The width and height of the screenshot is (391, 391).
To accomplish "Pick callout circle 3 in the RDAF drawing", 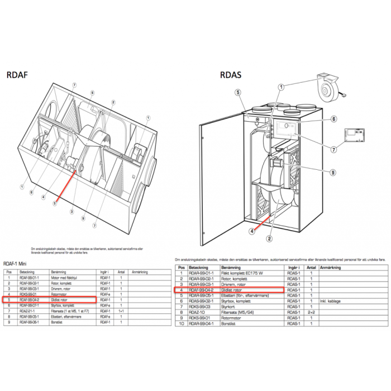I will pos(72,212).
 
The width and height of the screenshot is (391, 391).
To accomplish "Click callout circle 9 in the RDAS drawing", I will pos(332,172).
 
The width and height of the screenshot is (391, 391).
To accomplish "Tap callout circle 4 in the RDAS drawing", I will pos(252,231).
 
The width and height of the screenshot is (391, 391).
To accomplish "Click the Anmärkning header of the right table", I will pos(331,268).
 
